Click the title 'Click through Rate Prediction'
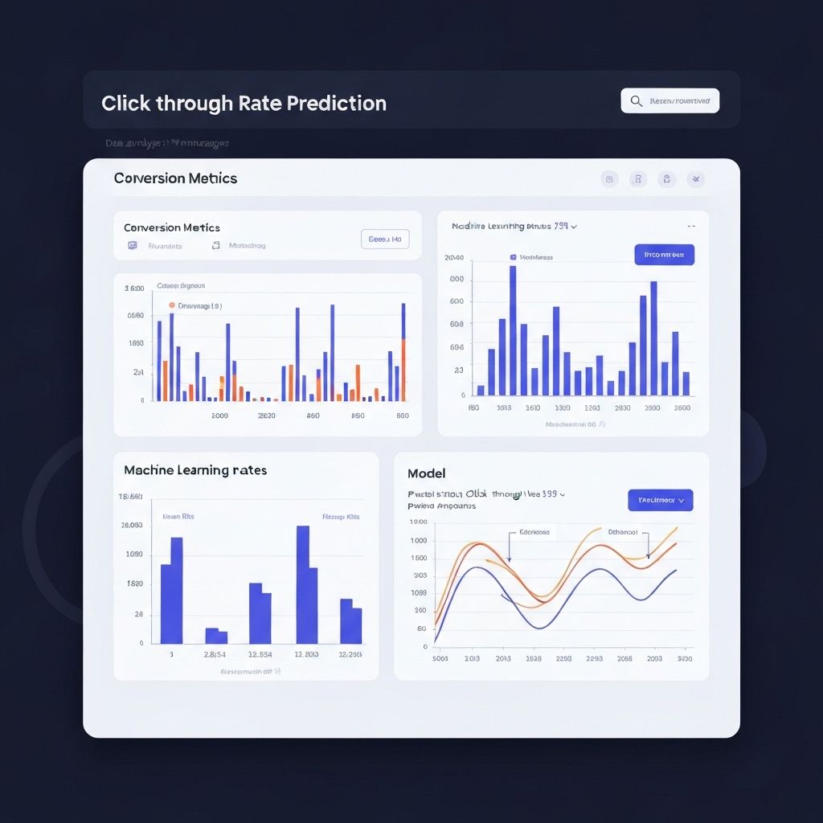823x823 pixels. (244, 104)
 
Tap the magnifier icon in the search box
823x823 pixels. (637, 100)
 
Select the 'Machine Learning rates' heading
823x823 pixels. (195, 469)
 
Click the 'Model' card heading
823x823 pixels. (426, 473)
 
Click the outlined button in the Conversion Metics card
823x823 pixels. (385, 239)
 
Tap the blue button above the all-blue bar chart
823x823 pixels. (664, 255)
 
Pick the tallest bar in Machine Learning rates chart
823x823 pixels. (303, 584)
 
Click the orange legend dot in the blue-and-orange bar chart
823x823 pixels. (171, 305)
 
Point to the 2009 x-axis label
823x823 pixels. (219, 416)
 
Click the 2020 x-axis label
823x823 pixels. (266, 416)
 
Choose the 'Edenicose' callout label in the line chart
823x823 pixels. (534, 532)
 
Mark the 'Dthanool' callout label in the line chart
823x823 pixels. (622, 532)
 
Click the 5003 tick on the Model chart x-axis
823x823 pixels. (440, 658)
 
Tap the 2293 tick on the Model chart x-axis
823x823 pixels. (594, 658)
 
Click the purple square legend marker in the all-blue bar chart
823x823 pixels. (513, 258)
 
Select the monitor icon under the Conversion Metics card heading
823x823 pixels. (132, 245)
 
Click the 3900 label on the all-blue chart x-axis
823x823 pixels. (652, 407)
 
